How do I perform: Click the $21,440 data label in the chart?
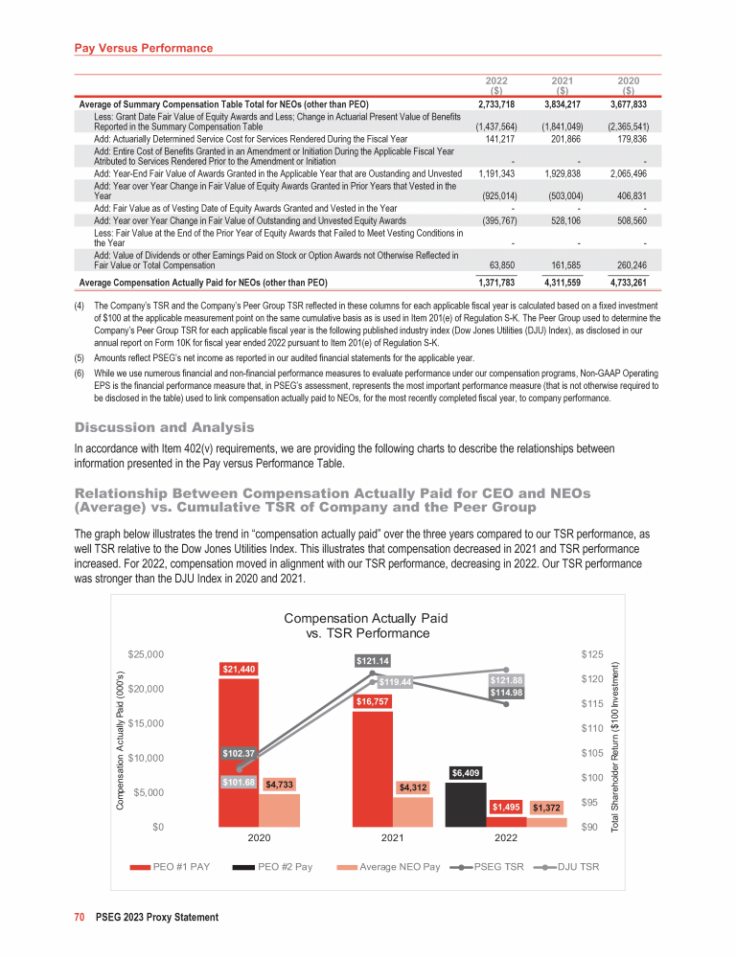point(239,669)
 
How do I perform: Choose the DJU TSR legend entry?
point(568,867)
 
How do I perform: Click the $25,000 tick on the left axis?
point(147,654)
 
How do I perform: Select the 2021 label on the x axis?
point(391,837)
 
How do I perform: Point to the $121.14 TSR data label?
point(372,660)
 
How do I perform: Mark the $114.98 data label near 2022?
point(506,693)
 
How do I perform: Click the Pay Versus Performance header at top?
point(144,47)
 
